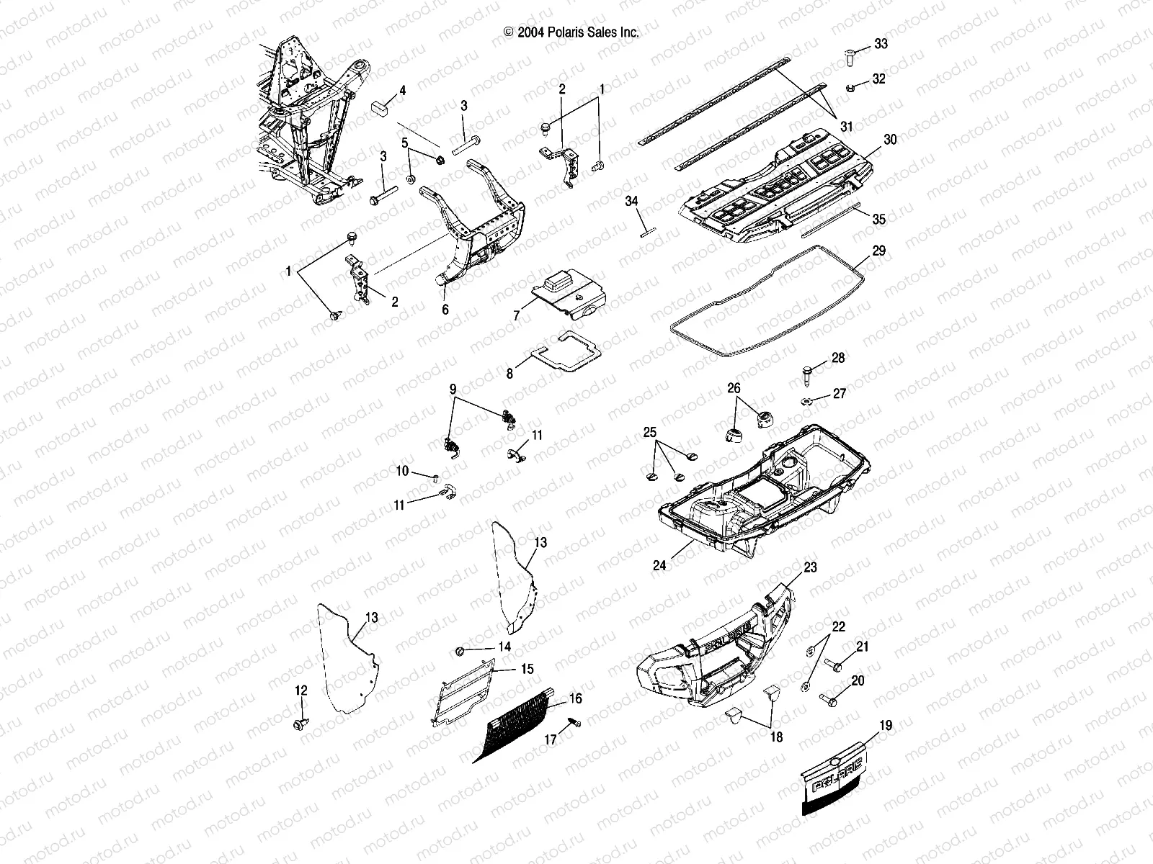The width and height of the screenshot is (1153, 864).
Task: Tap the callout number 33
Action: point(881,45)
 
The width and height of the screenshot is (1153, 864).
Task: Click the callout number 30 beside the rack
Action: point(890,140)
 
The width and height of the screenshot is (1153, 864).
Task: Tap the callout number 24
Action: point(659,566)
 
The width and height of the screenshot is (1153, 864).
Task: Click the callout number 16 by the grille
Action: point(574,698)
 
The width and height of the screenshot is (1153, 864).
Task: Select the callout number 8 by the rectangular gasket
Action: point(509,374)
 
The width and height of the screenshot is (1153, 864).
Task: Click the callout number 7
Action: point(516,315)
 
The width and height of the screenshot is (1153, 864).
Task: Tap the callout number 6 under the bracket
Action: point(445,310)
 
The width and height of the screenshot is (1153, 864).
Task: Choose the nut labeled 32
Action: point(851,88)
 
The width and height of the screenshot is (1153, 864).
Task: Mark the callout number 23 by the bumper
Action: point(810,567)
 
